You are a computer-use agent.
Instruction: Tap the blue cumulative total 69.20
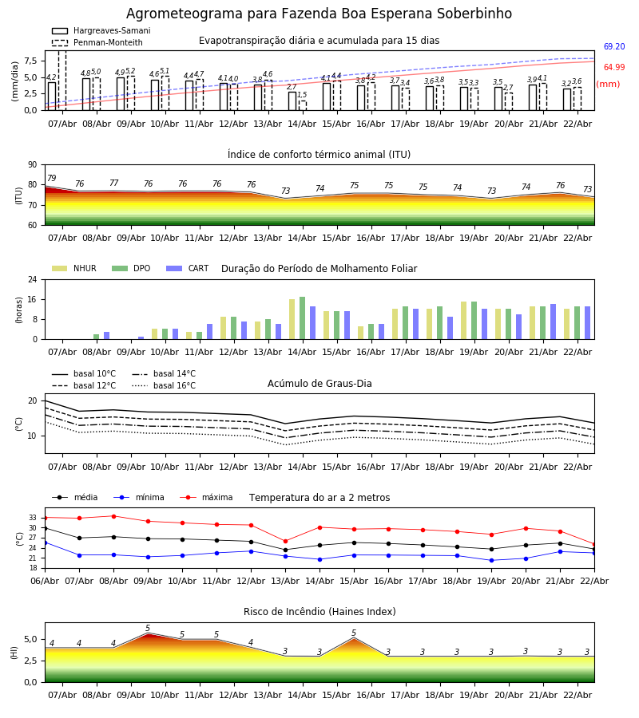614,47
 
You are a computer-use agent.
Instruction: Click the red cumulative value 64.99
614,68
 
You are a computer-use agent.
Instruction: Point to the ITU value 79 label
52,179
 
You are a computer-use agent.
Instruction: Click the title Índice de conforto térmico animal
319,155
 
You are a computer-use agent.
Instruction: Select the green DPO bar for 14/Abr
302,318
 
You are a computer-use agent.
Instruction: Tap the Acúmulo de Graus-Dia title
319,384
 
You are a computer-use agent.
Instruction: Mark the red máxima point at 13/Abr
285,541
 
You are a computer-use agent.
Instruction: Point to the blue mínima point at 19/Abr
491,560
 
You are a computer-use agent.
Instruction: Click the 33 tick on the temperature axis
32,518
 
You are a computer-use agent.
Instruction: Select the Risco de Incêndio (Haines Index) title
319,612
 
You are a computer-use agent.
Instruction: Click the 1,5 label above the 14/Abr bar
302,96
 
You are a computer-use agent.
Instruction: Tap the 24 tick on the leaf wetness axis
34,280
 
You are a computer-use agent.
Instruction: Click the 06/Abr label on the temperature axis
45,580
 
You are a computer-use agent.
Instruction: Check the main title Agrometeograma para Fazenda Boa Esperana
319,14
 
